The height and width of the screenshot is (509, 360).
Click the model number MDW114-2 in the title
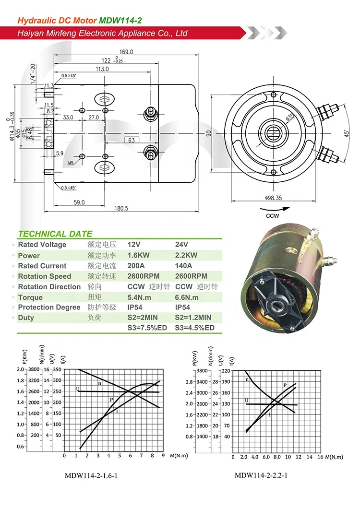pyautogui.click(x=120, y=21)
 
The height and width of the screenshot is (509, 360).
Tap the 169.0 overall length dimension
pyautogui.click(x=126, y=52)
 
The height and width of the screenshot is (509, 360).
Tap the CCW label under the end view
pyautogui.click(x=273, y=216)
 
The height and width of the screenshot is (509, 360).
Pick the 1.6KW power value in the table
pyautogui.click(x=139, y=255)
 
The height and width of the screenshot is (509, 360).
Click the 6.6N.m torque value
pyautogui.click(x=187, y=297)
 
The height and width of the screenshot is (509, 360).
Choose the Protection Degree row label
pyautogui.click(x=49, y=308)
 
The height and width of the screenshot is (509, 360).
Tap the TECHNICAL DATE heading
pyautogui.click(x=55, y=234)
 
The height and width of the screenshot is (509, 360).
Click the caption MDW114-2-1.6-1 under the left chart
pyautogui.click(x=91, y=476)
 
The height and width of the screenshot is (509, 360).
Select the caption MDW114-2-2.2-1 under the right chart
pyautogui.click(x=261, y=476)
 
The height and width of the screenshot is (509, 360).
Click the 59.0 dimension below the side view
pyautogui.click(x=79, y=202)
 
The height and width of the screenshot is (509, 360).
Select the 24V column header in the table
pyautogui.click(x=182, y=245)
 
